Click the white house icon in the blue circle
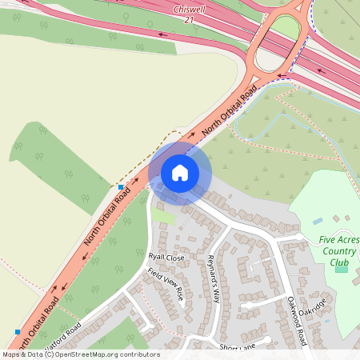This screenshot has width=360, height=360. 180,173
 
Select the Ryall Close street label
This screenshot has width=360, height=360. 166,258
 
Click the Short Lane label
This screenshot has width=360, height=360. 238,347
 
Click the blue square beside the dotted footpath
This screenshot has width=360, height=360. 120,186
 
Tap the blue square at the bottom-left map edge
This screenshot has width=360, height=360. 18,331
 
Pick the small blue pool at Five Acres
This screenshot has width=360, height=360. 318,220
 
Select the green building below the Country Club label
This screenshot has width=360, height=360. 342,267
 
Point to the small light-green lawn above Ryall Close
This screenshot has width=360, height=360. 163,217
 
